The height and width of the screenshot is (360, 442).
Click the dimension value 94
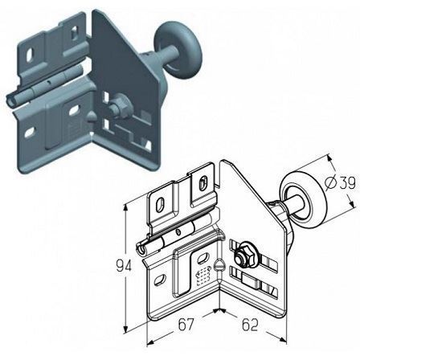click(x=124, y=266)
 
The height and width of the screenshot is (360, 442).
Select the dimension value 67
click(x=186, y=325)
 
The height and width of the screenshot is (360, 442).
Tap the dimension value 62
click(x=250, y=325)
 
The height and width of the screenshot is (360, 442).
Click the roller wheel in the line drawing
click(x=304, y=198)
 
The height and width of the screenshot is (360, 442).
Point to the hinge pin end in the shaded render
click(x=10, y=100)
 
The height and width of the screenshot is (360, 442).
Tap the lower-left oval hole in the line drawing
click(x=159, y=280)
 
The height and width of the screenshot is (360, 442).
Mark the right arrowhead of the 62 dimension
click(x=283, y=340)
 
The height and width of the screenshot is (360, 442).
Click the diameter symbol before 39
click(x=330, y=182)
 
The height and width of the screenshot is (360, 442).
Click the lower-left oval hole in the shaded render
click(x=30, y=133)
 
